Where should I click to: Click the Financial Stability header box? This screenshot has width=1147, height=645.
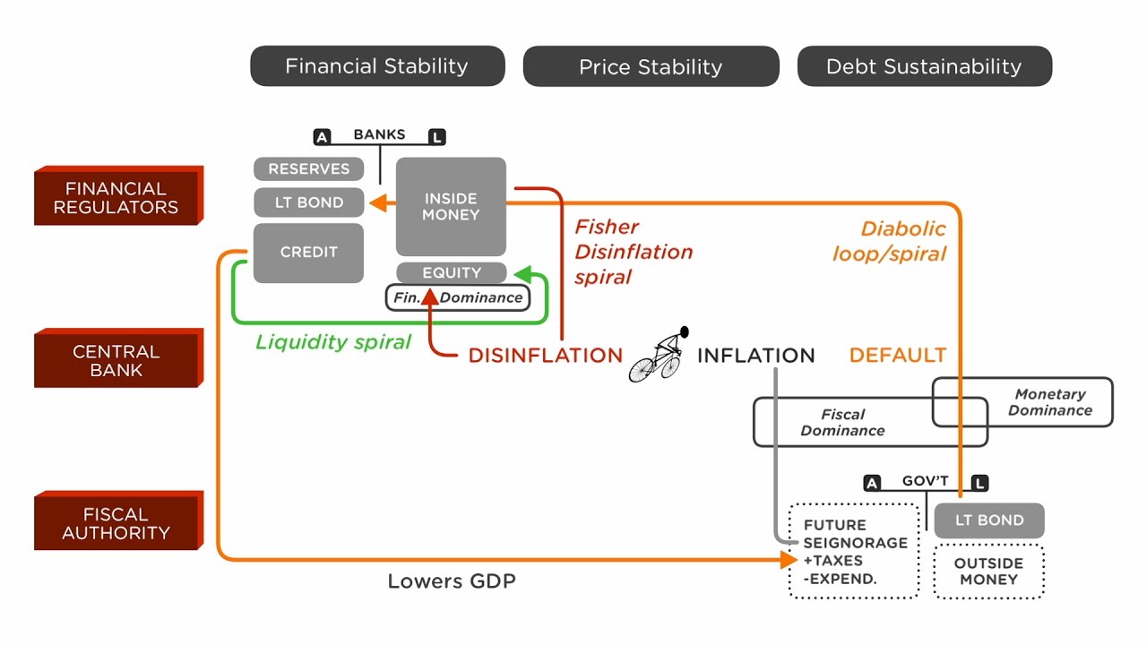[x=377, y=67]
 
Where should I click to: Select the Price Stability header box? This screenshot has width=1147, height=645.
[x=651, y=67]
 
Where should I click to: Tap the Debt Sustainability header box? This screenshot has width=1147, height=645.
[x=924, y=67]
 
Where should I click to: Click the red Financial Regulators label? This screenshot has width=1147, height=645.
[x=116, y=197]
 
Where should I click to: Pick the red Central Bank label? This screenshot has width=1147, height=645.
[x=116, y=359]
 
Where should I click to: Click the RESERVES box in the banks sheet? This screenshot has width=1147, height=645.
[x=308, y=169]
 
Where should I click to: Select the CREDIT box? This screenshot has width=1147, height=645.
[x=308, y=253]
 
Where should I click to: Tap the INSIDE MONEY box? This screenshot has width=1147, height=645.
[x=451, y=207]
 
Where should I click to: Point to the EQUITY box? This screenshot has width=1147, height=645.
[x=452, y=272]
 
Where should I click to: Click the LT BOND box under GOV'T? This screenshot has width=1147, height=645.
[x=989, y=520]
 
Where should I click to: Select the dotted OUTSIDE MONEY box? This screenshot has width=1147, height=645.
[x=988, y=572]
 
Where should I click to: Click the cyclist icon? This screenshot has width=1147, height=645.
[x=659, y=355]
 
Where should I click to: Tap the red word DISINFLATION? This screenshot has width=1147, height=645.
[x=545, y=356]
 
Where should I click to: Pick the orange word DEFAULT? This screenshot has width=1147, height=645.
[x=897, y=356]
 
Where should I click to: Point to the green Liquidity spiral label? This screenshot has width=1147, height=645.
[x=333, y=341]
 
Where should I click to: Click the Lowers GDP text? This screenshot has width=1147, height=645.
[x=452, y=581]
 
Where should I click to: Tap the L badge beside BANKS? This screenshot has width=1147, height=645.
[x=436, y=137]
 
